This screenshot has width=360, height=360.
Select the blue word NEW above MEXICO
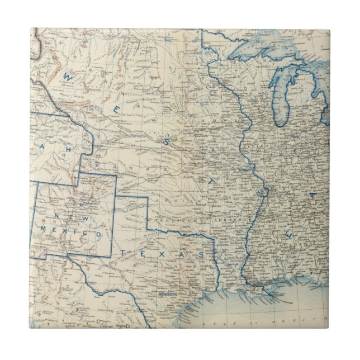[69, 216]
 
